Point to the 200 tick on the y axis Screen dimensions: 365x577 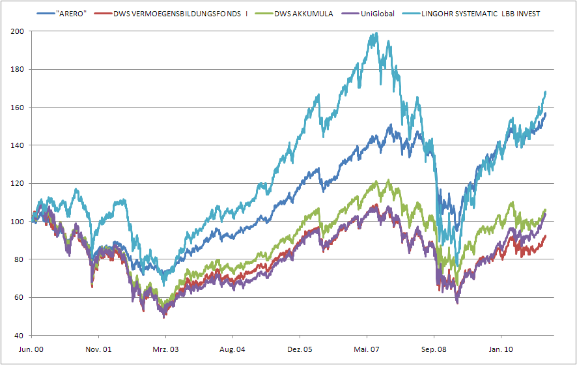(17, 31)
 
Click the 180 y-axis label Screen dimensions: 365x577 (17, 69)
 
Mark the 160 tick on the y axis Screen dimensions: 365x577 (17, 108)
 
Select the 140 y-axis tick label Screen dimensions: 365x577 (17, 145)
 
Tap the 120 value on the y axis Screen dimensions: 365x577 (17, 184)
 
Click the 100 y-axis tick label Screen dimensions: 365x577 (17, 222)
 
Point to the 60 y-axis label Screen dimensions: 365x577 (19, 298)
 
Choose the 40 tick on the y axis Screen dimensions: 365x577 (19, 336)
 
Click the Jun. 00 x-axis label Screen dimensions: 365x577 (31, 349)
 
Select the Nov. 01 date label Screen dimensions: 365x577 (98, 349)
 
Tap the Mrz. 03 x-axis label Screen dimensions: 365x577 (165, 349)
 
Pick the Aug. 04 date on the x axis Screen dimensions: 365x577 (232, 349)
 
